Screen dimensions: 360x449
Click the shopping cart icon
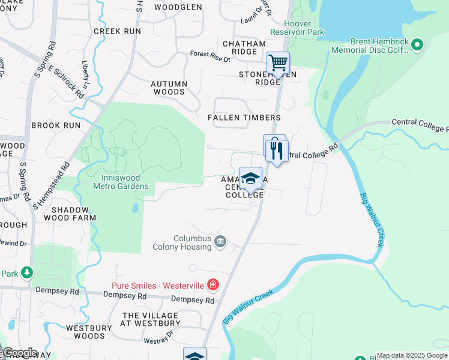[x=278, y=62]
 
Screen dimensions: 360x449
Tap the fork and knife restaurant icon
[x=277, y=151]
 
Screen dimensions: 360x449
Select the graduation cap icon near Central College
[x=251, y=178]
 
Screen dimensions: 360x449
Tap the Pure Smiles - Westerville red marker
[x=212, y=284]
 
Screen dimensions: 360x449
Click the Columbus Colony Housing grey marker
[x=220, y=242]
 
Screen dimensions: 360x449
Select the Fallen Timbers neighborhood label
[x=244, y=118]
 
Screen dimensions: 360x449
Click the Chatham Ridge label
[x=244, y=48]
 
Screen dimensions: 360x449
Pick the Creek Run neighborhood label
[x=117, y=31]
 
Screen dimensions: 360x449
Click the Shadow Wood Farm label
[x=73, y=214]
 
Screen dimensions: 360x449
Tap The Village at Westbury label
[x=150, y=319]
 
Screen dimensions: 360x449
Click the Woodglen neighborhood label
[x=178, y=7]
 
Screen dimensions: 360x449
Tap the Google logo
[x=19, y=353]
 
